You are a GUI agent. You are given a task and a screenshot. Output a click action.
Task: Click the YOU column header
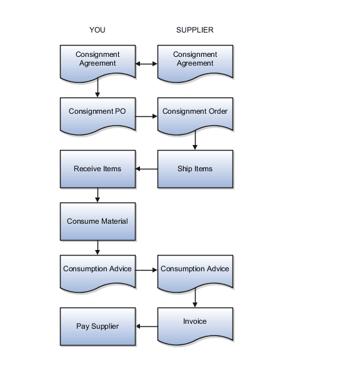[97, 30]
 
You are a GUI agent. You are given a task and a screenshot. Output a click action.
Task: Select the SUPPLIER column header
[194, 30]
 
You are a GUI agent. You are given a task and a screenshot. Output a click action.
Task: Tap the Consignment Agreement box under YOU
[97, 60]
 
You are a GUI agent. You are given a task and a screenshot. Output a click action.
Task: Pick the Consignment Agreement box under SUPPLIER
[195, 60]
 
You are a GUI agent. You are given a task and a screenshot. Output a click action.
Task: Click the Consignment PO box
[97, 113]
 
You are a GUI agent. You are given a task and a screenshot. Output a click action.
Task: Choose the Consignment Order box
[195, 113]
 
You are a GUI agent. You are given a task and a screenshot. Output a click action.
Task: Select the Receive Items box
[97, 169]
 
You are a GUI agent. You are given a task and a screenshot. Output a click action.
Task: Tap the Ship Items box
[195, 169]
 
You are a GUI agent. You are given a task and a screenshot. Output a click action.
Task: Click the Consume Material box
[97, 221]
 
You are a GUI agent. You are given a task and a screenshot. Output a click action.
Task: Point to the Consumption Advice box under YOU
[97, 271]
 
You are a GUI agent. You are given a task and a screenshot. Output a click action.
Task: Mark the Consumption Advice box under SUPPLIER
[195, 271]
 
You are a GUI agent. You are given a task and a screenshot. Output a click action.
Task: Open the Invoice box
[195, 323]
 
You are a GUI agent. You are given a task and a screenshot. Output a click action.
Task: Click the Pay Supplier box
[97, 326]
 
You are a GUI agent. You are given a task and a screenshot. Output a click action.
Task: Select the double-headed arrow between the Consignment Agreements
[146, 63]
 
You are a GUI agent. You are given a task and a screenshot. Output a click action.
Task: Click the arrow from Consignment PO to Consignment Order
[146, 116]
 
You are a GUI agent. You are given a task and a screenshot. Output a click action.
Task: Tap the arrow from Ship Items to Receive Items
[146, 169]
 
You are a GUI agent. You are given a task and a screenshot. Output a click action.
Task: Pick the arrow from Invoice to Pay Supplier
[146, 326]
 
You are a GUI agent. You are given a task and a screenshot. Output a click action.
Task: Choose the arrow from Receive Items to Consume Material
[97, 194]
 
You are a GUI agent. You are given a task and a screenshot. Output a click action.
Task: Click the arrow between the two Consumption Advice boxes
[146, 271]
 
